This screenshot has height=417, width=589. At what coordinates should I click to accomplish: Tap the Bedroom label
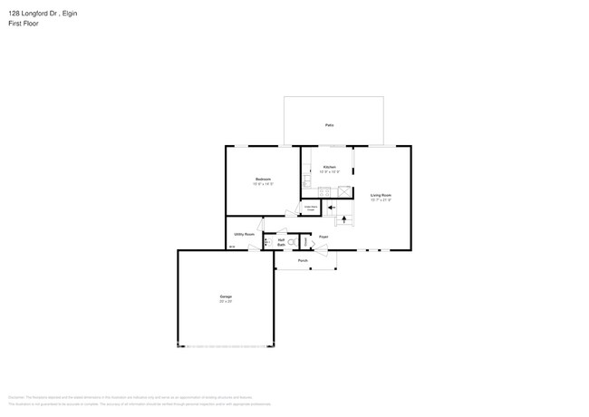(x=263, y=179)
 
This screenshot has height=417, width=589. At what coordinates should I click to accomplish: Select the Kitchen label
(x=330, y=167)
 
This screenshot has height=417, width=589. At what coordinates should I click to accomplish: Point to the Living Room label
(x=381, y=195)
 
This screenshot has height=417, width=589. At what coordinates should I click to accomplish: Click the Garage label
(x=226, y=296)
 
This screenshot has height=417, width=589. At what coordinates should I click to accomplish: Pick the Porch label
(x=303, y=260)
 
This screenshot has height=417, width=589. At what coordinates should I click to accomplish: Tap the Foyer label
(x=322, y=237)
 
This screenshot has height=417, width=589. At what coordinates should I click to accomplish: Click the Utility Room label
(x=244, y=234)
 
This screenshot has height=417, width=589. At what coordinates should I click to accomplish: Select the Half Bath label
(x=282, y=242)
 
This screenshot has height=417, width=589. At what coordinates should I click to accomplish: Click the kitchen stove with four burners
(x=323, y=190)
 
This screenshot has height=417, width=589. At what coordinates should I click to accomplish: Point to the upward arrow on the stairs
(x=343, y=219)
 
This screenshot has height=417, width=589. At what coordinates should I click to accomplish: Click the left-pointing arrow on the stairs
(x=331, y=207)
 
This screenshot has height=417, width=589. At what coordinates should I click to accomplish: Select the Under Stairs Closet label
(x=310, y=208)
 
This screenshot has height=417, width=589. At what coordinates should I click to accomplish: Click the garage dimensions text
(x=226, y=301)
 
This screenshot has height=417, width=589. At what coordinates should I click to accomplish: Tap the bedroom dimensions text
(x=263, y=184)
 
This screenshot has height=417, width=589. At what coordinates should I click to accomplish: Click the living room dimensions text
(x=381, y=199)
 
